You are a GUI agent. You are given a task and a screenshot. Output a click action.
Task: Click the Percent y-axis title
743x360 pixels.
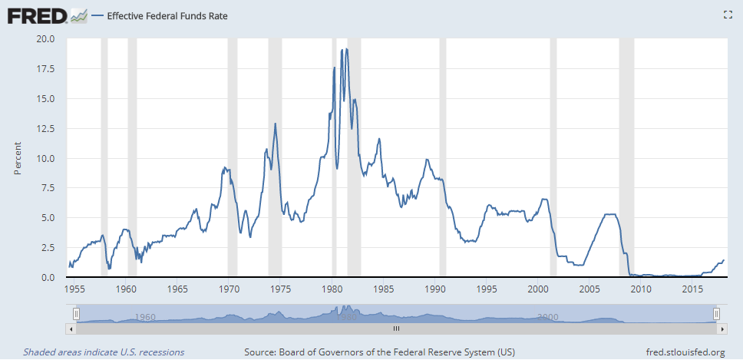(18, 157)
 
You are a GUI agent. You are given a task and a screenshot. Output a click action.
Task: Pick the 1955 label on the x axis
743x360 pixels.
(74, 289)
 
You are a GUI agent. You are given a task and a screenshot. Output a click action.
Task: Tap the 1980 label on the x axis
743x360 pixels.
(332, 289)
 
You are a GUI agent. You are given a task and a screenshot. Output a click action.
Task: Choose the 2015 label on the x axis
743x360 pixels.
(692, 289)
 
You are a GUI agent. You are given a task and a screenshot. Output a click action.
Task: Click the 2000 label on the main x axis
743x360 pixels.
(538, 289)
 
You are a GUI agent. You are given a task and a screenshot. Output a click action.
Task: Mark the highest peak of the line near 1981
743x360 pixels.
(347, 49)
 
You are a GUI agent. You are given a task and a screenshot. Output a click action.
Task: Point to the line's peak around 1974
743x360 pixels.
(275, 124)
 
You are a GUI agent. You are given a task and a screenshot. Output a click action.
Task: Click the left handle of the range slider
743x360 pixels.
(76, 313)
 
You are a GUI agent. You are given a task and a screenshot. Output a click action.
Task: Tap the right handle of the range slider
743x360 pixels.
(715, 313)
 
